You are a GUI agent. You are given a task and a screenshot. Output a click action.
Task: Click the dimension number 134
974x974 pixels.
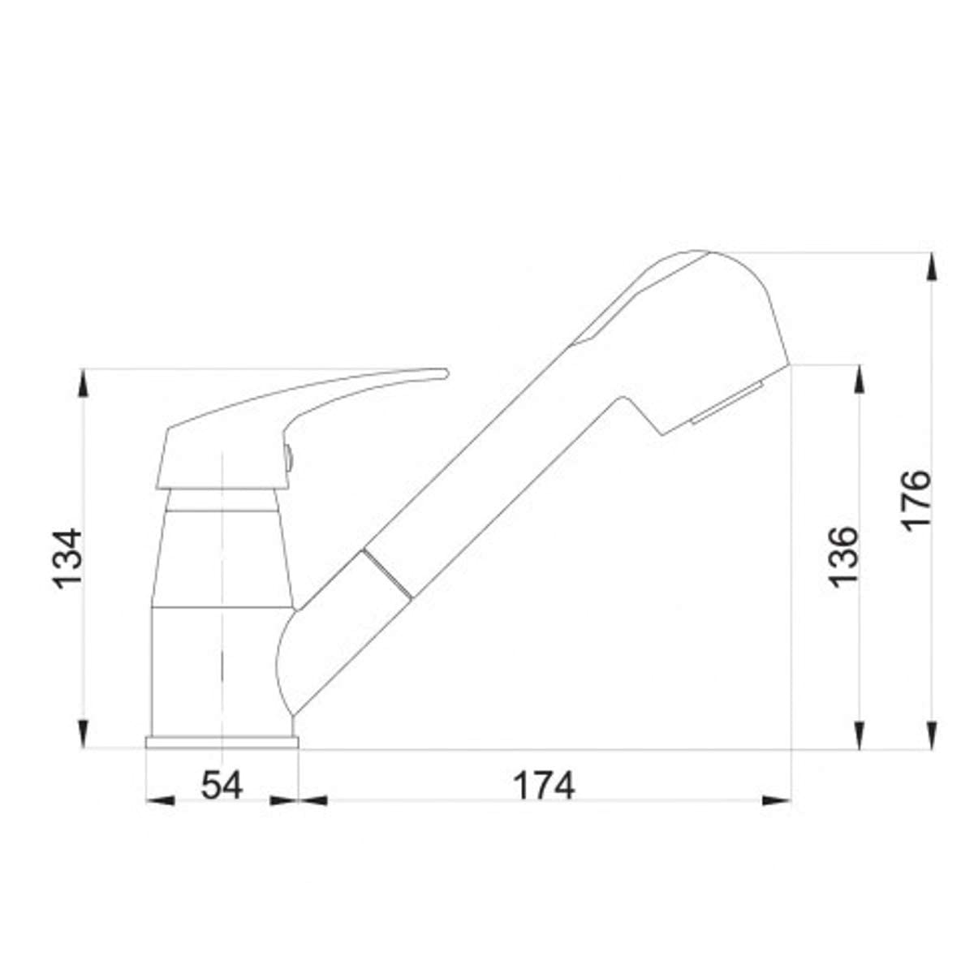point(67,558)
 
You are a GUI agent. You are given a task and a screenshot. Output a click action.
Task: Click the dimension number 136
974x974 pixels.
point(843,558)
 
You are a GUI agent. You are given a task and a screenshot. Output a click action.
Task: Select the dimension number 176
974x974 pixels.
point(916,501)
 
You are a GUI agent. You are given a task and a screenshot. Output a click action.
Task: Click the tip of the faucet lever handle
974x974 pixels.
point(446,373)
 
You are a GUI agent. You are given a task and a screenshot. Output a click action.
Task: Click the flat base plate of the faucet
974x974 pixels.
point(222,742)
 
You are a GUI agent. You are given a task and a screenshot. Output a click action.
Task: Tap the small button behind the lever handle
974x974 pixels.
point(288,458)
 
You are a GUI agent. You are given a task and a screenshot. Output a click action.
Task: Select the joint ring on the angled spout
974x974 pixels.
point(387,575)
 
